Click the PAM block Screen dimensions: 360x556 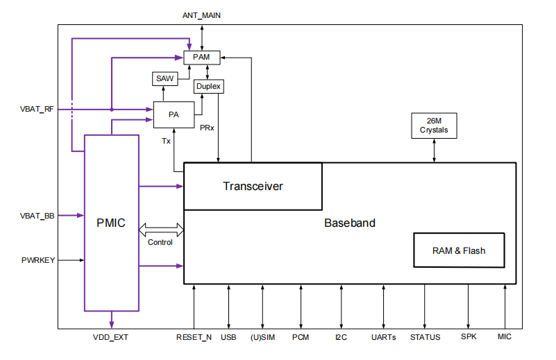(x=201, y=57)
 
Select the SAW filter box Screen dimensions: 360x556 (x=165, y=79)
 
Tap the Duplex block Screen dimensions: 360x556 (x=209, y=86)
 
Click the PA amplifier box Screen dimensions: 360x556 (x=173, y=114)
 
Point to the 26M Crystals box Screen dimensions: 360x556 (x=435, y=126)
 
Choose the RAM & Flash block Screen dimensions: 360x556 (x=459, y=250)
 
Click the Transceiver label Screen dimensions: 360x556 (x=253, y=186)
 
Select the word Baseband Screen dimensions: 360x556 (x=350, y=223)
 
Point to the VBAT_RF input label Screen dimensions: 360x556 (x=37, y=110)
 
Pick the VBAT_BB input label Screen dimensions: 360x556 (x=37, y=216)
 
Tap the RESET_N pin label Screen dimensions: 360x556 (x=194, y=338)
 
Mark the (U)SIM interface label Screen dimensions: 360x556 (x=262, y=338)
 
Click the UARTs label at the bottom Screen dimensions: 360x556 (x=384, y=338)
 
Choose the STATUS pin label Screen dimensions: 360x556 (x=425, y=338)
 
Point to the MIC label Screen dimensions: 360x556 (x=505, y=338)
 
